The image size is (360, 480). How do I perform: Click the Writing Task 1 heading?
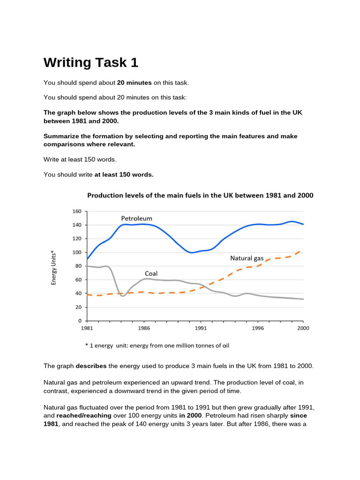coord(91,63)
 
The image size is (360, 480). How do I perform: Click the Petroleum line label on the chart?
coord(136,218)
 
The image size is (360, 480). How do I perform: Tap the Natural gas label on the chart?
coord(247,258)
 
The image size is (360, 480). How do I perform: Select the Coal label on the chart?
coord(151,273)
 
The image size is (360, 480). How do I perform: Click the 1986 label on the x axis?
coord(144,329)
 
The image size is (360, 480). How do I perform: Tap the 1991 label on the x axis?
coord(201,329)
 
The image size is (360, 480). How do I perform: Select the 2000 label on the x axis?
coord(303,329)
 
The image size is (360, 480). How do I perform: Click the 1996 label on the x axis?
coord(257,329)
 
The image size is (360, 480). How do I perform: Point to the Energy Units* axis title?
coord(53,266)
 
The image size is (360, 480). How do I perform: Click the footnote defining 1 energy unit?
coord(157,345)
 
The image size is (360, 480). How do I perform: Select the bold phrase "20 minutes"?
coord(134,82)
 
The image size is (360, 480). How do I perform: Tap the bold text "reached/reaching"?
coord(83,415)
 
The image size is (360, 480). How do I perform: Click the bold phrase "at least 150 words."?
coord(124,174)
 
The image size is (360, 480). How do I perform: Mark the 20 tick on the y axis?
coord(77,307)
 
